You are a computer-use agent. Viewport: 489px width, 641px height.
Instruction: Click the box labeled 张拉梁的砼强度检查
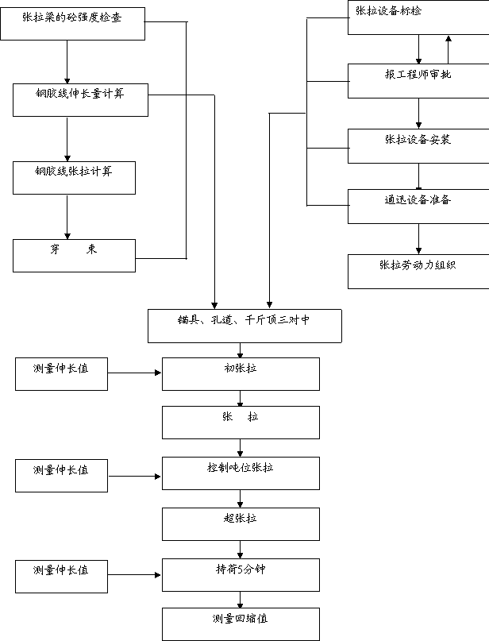point(73,24)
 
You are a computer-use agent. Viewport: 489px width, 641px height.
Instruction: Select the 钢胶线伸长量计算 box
point(80,100)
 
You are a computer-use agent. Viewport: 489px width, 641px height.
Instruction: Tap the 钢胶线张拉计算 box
point(74,178)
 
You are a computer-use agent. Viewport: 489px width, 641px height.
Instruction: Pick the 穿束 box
point(74,256)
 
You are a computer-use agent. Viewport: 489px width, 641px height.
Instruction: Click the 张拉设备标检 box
point(418,17)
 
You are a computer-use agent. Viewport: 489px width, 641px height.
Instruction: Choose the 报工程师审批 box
point(418,81)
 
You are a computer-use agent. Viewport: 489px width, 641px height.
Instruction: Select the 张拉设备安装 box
point(418,146)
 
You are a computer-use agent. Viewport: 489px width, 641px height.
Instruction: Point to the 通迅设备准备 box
point(418,207)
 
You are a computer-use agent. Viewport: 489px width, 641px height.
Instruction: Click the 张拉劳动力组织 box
point(418,272)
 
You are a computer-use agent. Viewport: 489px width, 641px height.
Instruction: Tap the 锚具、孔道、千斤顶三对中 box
point(244,326)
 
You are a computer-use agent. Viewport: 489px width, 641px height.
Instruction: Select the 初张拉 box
point(241,374)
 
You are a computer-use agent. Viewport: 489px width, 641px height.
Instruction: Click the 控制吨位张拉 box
point(241,473)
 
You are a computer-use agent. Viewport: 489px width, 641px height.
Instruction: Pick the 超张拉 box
point(241,524)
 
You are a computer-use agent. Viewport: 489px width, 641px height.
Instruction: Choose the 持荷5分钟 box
point(241,575)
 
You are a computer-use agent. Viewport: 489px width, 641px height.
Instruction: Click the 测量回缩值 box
point(241,624)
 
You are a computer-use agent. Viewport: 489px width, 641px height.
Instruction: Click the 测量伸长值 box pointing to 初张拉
point(61,374)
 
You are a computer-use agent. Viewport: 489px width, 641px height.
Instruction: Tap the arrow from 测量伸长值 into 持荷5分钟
point(134,575)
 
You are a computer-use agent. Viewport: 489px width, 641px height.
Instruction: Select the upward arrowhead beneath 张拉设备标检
point(449,39)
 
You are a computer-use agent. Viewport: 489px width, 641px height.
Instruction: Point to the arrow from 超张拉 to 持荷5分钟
point(241,550)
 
